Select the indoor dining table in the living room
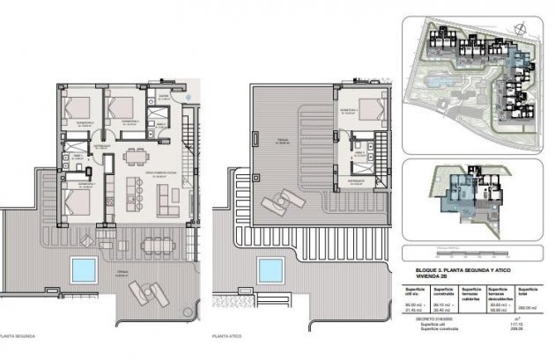point(137,156)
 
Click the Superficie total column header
point(528,290)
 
